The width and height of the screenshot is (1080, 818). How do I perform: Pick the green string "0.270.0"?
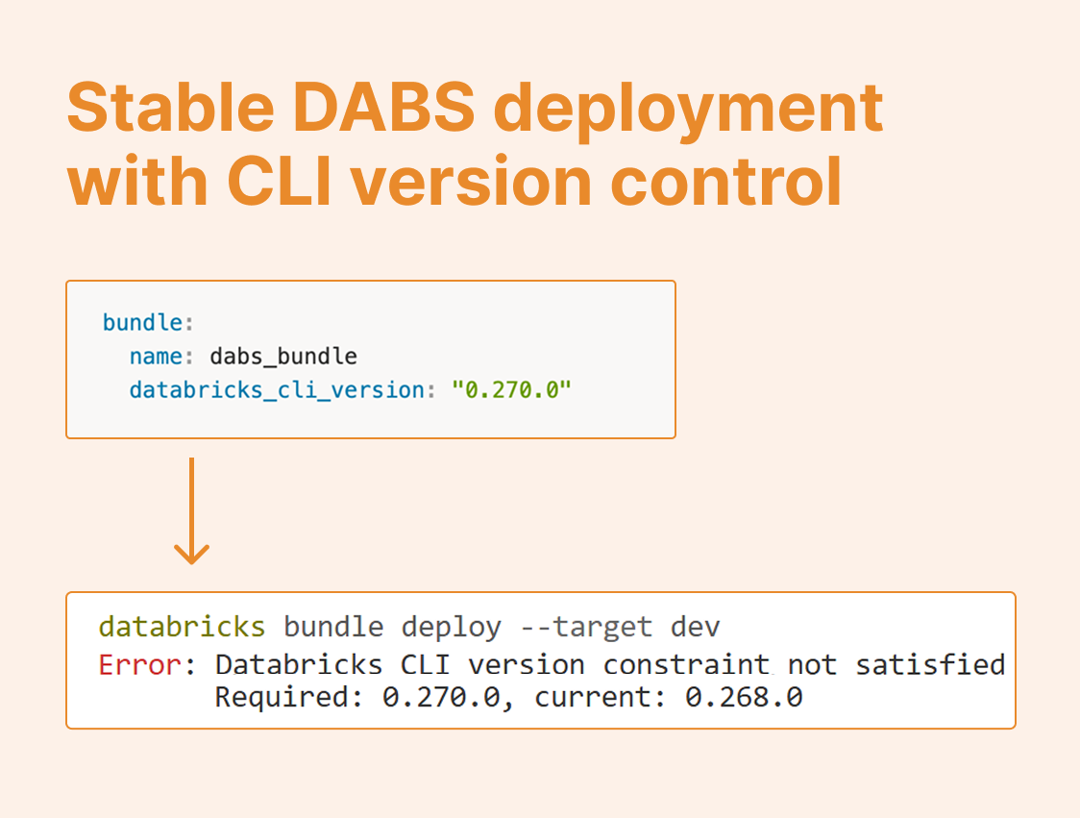[x=511, y=390]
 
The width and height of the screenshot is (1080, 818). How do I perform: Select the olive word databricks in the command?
[x=182, y=628]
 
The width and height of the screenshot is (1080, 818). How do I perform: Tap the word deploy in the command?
[x=451, y=628]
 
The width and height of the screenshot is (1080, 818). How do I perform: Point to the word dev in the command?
[x=696, y=628]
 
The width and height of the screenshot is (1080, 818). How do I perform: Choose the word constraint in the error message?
[x=687, y=664]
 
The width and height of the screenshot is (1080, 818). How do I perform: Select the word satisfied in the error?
[x=930, y=664]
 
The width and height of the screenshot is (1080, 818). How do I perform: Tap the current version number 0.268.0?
[x=744, y=697]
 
